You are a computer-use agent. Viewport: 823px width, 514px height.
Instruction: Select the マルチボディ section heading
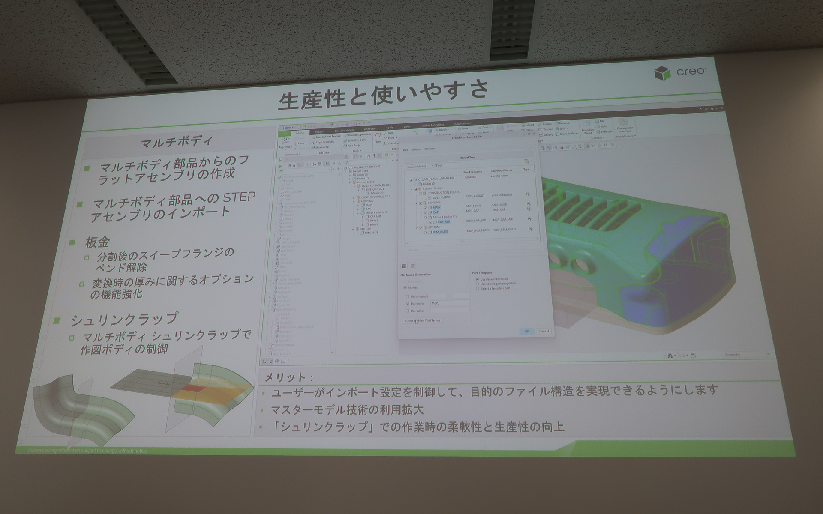176,142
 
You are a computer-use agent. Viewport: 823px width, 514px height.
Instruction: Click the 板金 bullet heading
98,242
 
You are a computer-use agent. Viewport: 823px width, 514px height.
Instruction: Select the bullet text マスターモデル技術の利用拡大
348,410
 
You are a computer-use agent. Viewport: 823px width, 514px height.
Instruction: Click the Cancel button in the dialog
544,331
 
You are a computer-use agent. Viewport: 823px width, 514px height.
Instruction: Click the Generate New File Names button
423,320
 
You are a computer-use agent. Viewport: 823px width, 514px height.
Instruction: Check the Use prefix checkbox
408,304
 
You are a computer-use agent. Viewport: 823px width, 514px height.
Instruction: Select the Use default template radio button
477,279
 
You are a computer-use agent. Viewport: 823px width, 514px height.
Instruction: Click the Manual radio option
405,287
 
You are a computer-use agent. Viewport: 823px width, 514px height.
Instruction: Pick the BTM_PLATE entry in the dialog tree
440,232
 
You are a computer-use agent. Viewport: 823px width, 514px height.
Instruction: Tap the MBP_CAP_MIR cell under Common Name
503,220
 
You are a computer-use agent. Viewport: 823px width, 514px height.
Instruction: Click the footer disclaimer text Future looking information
87,451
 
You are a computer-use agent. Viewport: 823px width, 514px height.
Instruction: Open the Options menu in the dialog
430,149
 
